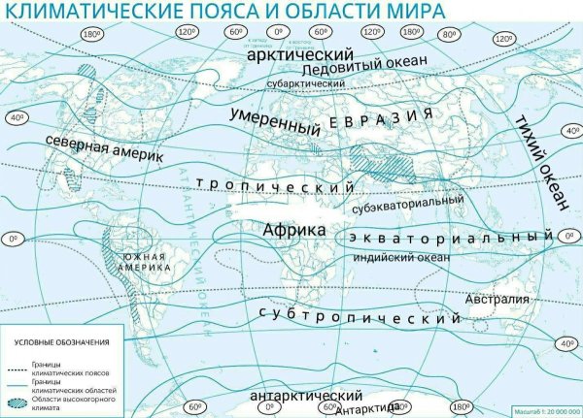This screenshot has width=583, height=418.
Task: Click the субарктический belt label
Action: (306, 86)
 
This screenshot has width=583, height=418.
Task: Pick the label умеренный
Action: (276, 122)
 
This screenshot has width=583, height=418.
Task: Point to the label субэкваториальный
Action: (408, 201)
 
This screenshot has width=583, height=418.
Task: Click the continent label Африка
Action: (292, 229)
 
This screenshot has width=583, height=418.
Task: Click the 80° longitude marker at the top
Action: (449, 33)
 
